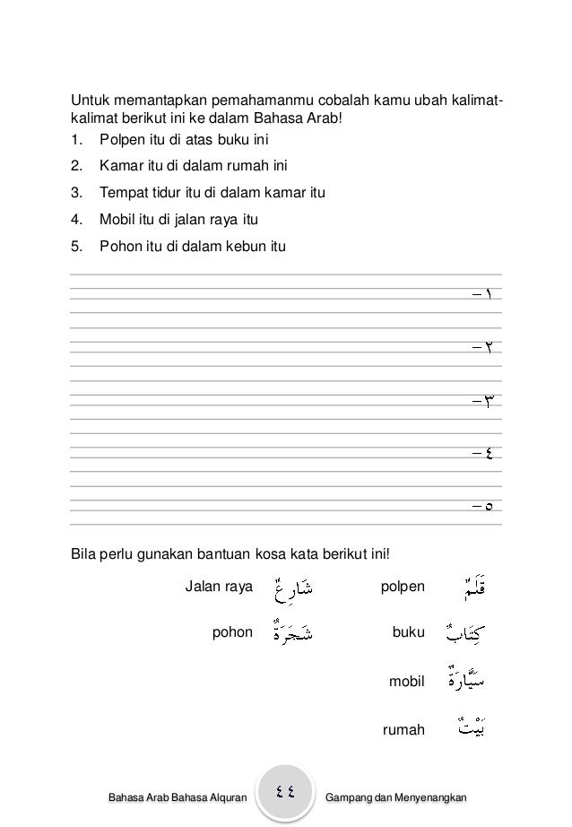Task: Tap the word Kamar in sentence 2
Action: coord(118,166)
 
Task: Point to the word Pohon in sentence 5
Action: coord(118,244)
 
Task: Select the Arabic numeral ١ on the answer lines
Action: coord(495,295)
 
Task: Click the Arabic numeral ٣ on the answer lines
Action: coord(492,400)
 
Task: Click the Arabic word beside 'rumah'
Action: coord(465,729)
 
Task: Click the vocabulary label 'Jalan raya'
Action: coord(219,588)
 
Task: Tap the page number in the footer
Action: coord(287,792)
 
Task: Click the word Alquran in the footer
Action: coord(224,797)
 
